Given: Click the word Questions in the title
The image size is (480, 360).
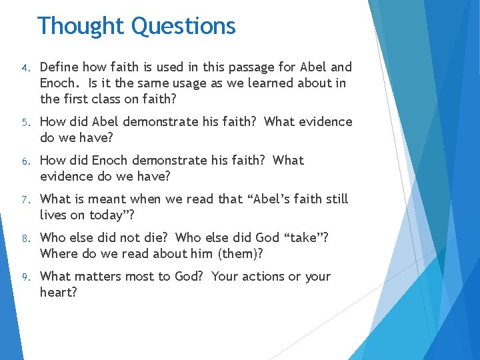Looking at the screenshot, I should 183,26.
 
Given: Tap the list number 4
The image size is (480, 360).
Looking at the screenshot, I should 23,68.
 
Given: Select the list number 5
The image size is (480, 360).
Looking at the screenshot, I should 23,123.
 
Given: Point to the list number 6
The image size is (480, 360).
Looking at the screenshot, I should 23,161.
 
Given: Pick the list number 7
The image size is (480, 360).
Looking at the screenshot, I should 23,200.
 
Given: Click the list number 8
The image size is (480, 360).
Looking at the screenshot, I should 23,239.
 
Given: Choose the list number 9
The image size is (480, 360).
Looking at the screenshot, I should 23,277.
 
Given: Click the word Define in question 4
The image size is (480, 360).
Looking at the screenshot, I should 59,67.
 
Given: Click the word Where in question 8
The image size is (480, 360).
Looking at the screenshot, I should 59,254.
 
